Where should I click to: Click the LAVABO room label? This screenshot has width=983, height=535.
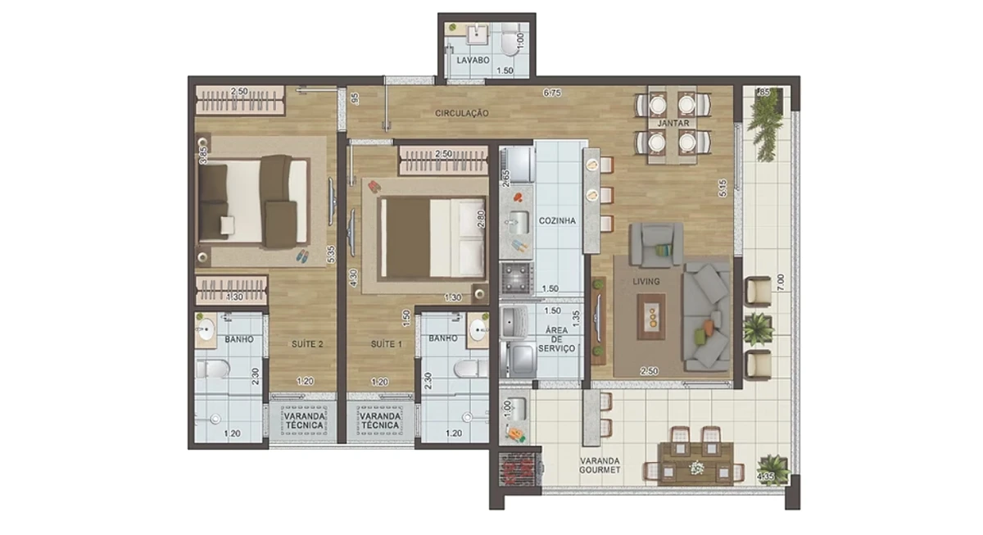[x=473, y=60]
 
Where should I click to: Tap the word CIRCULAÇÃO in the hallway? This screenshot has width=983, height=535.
[x=462, y=113]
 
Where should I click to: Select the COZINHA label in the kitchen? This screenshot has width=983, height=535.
[x=557, y=220]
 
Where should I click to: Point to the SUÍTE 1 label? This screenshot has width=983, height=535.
[x=386, y=344]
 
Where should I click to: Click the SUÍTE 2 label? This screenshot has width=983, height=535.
[x=307, y=344]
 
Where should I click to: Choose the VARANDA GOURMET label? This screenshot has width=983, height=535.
[x=600, y=465]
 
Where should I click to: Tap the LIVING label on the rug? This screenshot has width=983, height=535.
[x=646, y=281]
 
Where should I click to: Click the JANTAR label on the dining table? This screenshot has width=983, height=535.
[x=673, y=124]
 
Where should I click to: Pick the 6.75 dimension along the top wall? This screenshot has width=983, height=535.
[x=552, y=93]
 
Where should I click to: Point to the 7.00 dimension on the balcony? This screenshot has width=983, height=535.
[x=780, y=283]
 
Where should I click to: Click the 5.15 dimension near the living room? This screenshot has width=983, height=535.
[x=723, y=188]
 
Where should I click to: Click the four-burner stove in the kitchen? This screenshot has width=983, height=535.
[x=517, y=278]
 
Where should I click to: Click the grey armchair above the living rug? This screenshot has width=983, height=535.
[x=656, y=244]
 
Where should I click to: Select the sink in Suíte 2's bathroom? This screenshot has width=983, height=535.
[x=206, y=329]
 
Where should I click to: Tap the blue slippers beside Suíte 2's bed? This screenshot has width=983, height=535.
[x=302, y=256]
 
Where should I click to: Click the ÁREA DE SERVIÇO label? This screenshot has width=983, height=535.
[x=556, y=339]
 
